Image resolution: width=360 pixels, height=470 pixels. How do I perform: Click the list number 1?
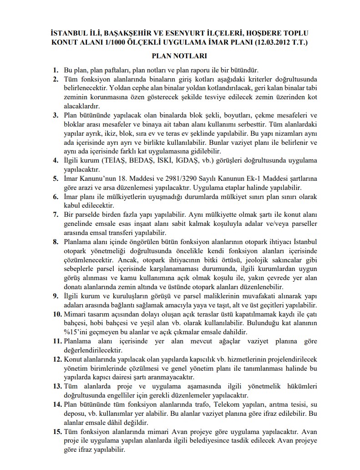(56, 71)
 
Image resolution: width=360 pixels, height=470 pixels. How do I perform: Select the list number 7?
(56, 214)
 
